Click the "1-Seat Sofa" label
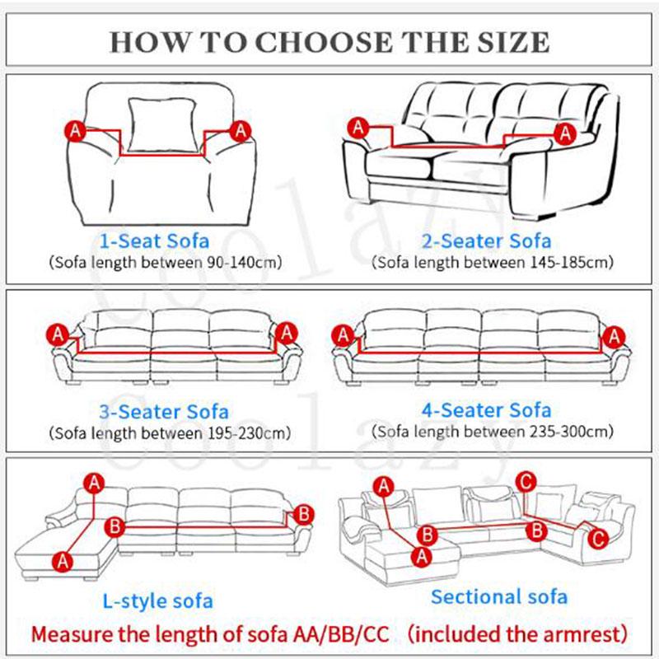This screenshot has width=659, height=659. (154, 241)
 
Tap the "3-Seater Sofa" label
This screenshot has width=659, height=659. (163, 412)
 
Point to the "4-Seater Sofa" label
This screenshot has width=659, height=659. (487, 410)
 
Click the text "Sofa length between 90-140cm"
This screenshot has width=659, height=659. (165, 263)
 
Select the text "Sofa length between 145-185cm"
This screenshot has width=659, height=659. (493, 263)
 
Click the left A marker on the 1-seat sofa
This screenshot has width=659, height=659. (74, 130)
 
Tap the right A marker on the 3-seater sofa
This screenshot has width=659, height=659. (287, 334)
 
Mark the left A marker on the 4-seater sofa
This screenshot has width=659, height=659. (342, 336)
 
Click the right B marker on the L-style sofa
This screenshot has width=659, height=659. (303, 514)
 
